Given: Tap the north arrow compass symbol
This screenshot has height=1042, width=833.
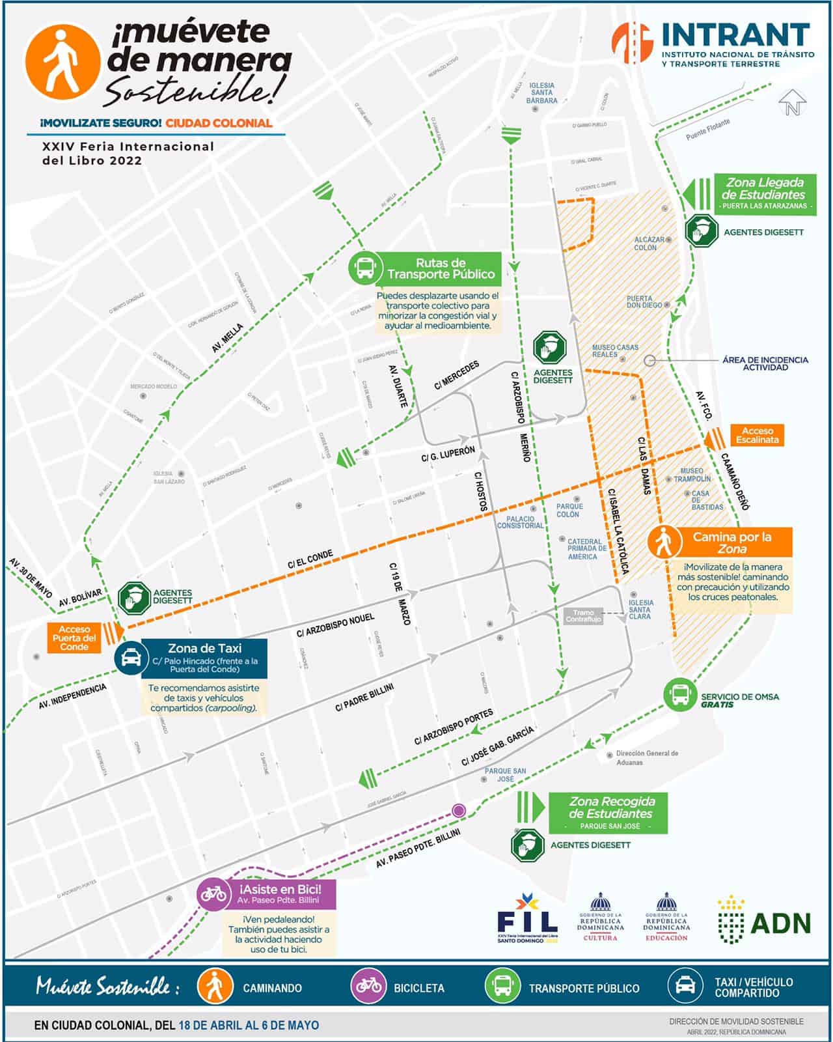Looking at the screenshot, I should [792, 103].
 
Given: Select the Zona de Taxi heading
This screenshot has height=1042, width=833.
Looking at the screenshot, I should [204, 648].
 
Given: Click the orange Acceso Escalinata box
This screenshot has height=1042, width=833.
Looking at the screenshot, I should [758, 435].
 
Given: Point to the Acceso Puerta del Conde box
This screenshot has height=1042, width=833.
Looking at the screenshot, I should [74, 638].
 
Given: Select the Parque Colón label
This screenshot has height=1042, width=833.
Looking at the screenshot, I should [569, 510].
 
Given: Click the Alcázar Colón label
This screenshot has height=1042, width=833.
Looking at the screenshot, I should [649, 244].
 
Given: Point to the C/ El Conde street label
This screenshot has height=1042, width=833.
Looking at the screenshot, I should [310, 559].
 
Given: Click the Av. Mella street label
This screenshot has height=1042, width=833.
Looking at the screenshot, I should [227, 338].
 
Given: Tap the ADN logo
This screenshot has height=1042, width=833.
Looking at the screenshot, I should [765, 922].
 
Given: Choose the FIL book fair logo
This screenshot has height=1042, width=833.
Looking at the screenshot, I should [527, 918].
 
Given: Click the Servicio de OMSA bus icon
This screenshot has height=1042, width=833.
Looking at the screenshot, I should [680, 694].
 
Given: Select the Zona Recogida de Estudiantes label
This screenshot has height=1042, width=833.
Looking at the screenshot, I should [611, 808].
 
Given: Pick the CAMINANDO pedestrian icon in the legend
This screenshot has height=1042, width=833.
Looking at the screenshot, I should [214, 986].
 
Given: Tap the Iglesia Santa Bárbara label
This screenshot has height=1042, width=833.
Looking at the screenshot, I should [541, 93].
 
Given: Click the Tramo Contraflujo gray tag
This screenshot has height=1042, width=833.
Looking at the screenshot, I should [583, 615].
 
